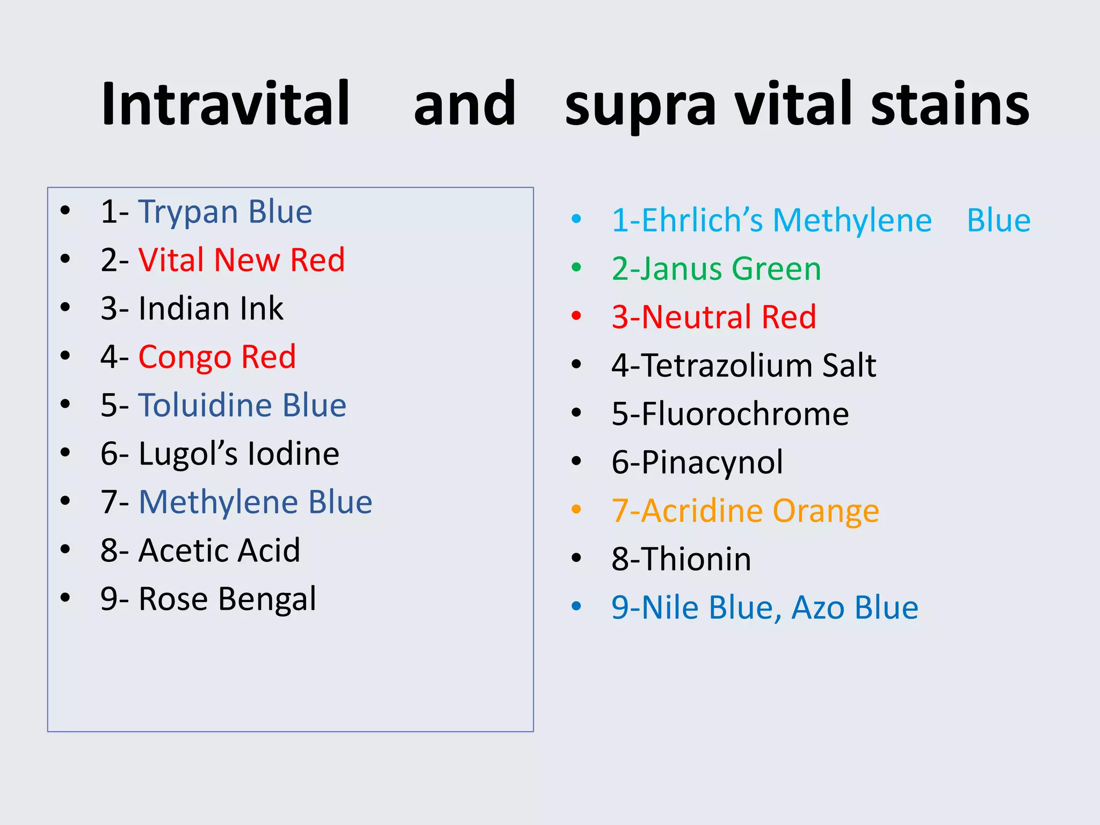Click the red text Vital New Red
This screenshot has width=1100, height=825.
coord(241,260)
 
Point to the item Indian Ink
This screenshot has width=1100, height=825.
coord(210,308)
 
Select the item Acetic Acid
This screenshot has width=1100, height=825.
coord(219,551)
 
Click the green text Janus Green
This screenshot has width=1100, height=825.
coord(716,269)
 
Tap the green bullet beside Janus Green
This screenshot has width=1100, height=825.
coord(576,267)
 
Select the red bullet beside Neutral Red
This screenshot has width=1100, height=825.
coord(576,316)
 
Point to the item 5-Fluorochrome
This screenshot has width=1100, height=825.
coord(730,414)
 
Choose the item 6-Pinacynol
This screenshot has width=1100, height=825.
coord(697,462)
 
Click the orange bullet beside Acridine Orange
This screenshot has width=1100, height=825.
coord(576,509)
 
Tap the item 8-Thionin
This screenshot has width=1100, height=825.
coord(681,559)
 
